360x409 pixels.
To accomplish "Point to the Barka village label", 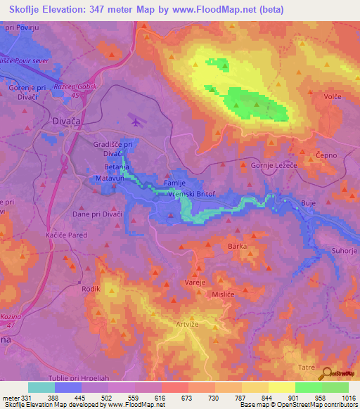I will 238,246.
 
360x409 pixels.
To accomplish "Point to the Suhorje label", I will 345,251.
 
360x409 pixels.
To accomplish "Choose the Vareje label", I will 194,281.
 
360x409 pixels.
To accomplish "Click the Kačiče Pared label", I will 66,235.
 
